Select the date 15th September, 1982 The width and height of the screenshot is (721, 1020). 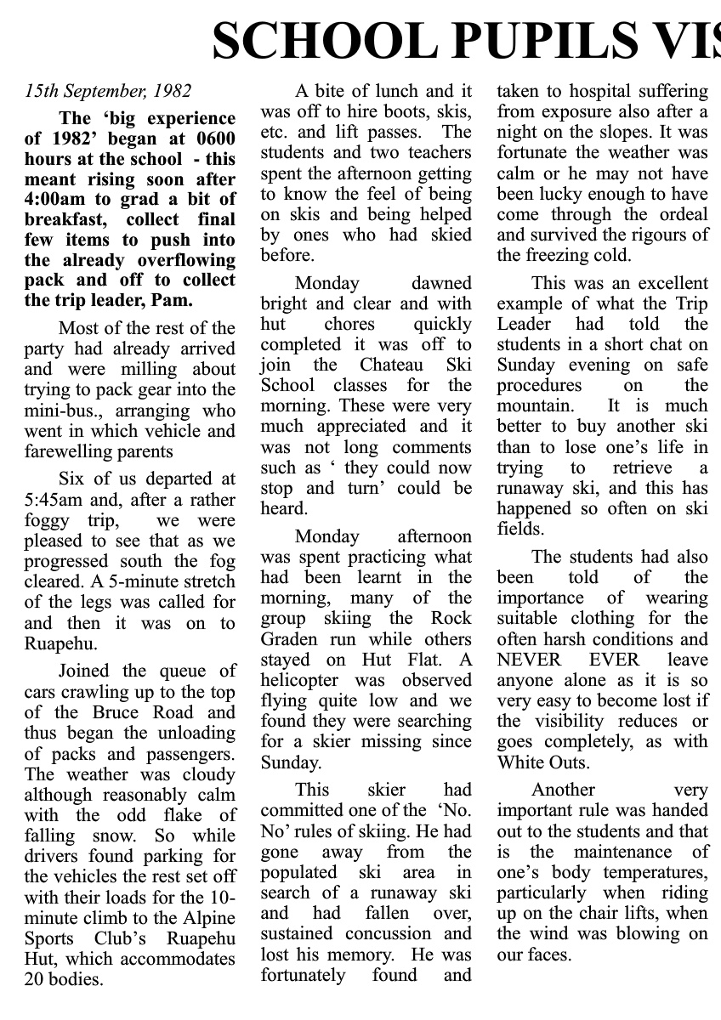(108, 91)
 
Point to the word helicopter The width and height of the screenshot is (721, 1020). (301, 680)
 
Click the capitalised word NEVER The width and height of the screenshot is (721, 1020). (529, 660)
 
